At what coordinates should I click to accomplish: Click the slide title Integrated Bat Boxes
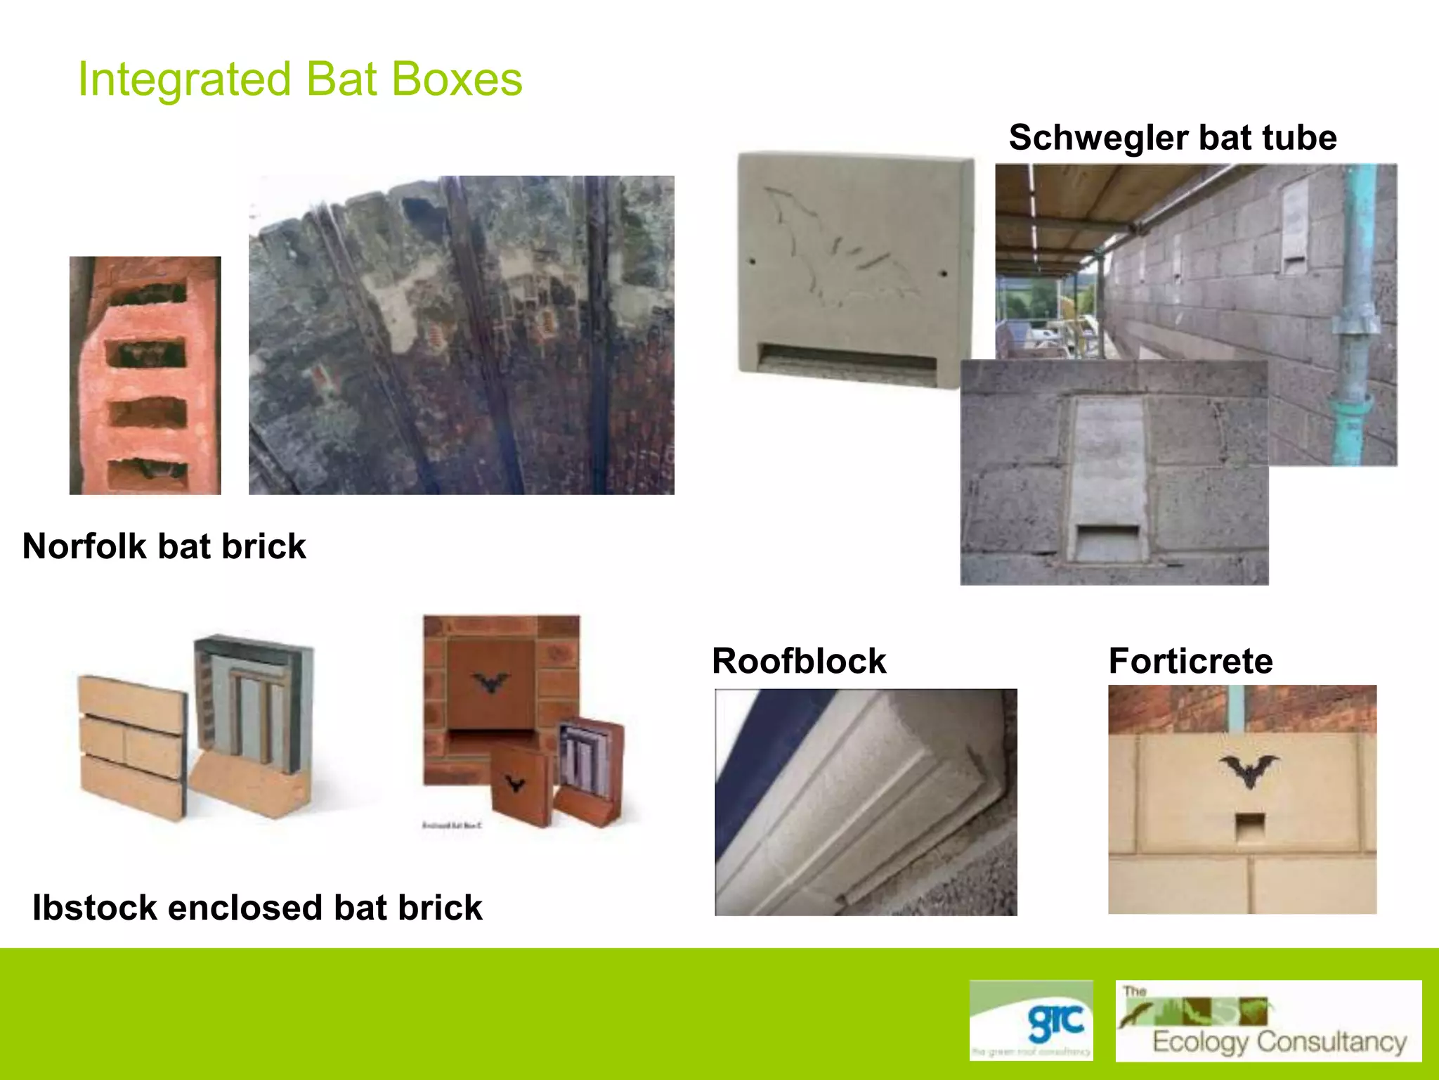(x=300, y=79)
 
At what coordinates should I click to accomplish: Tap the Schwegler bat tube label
(x=1172, y=137)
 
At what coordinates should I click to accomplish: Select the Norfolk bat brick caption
(x=164, y=546)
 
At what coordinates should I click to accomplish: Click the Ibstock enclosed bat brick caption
(x=257, y=907)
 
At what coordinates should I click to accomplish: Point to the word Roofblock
(x=799, y=661)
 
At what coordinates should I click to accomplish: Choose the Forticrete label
(x=1190, y=661)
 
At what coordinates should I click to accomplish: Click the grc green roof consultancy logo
(x=1031, y=1020)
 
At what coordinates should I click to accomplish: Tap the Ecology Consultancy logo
(x=1268, y=1020)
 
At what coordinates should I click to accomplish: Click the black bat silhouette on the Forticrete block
(x=1249, y=771)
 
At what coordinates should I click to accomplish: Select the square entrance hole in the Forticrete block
(x=1249, y=827)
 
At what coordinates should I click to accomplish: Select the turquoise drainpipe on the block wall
(x=1357, y=316)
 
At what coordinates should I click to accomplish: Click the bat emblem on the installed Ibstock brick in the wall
(x=491, y=682)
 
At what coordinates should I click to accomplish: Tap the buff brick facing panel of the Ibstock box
(x=131, y=745)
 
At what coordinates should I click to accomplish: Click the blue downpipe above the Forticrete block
(x=1235, y=709)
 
